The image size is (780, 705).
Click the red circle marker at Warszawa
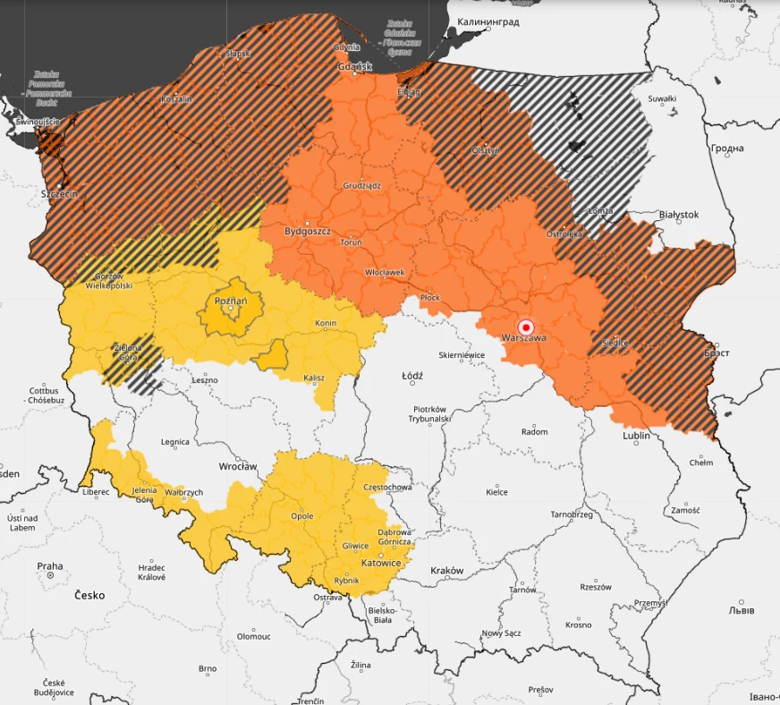(x=526, y=327)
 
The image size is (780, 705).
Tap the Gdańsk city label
(x=355, y=66)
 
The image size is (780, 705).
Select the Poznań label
(x=231, y=302)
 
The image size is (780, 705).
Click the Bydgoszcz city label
(x=307, y=231)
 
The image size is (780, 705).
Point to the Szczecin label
(x=60, y=193)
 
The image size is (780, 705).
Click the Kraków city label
(x=446, y=571)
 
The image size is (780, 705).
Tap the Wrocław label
(x=238, y=467)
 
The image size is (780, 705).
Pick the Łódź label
(x=412, y=377)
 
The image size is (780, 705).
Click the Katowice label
(x=381, y=563)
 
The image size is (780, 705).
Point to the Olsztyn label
(x=486, y=150)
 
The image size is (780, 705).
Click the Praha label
(x=50, y=566)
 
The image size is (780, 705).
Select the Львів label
(x=740, y=611)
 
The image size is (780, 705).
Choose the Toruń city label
(x=351, y=242)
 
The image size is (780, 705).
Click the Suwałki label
(x=662, y=98)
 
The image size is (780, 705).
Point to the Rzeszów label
(x=595, y=587)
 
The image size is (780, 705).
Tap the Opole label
(x=302, y=516)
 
